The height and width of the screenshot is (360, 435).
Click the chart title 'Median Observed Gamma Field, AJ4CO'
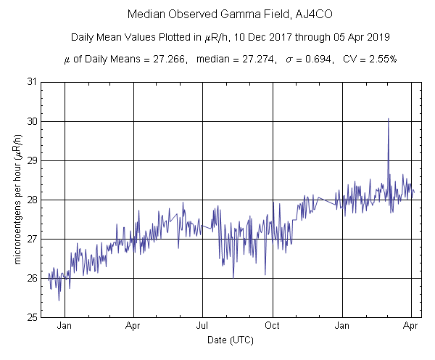coord(217,14)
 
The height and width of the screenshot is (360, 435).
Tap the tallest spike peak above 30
coord(389,118)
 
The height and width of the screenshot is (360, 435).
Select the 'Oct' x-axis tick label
coord(272,326)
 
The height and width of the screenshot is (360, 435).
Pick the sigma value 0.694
coord(321,60)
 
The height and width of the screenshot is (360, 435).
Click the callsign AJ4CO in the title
coord(289,14)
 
